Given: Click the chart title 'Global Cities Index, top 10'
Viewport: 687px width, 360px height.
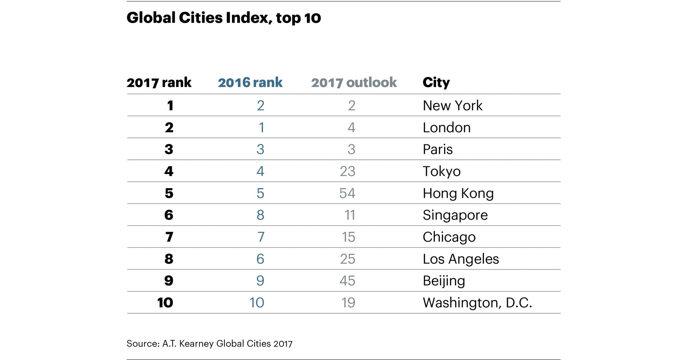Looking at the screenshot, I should click(x=223, y=18).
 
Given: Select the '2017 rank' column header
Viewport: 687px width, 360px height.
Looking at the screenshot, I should click(x=159, y=83).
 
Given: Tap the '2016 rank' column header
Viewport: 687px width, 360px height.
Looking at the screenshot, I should click(x=250, y=83).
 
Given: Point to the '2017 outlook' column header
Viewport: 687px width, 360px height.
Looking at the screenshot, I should click(x=354, y=83).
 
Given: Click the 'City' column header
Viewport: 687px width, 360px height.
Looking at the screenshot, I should click(x=436, y=83).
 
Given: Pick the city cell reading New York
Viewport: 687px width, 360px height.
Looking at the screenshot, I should click(x=452, y=106).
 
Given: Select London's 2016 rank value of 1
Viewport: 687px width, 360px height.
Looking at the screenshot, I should click(x=261, y=128).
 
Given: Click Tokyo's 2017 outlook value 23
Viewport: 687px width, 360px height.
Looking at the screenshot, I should click(x=347, y=171).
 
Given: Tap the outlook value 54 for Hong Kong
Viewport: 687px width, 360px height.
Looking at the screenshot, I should click(x=347, y=193).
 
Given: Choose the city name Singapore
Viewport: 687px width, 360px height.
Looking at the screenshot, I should click(x=455, y=215).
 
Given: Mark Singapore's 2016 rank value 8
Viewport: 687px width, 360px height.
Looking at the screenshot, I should click(x=260, y=215).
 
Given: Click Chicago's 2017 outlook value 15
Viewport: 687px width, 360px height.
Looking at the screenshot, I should click(x=348, y=237).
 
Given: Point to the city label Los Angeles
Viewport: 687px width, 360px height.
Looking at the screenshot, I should click(x=461, y=259).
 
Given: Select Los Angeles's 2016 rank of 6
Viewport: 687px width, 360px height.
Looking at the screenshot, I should click(x=260, y=259).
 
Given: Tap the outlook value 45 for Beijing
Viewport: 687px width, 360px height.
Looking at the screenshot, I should click(x=347, y=281).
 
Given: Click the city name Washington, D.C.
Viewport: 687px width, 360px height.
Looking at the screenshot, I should click(x=477, y=303).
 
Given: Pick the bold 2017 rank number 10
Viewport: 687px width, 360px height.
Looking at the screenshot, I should click(x=165, y=303).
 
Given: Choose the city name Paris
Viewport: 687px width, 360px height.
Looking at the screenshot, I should click(x=437, y=150).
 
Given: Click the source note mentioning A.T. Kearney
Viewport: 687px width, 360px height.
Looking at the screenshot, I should click(x=209, y=343).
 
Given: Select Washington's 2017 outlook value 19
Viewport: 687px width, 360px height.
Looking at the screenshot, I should click(x=348, y=303).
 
